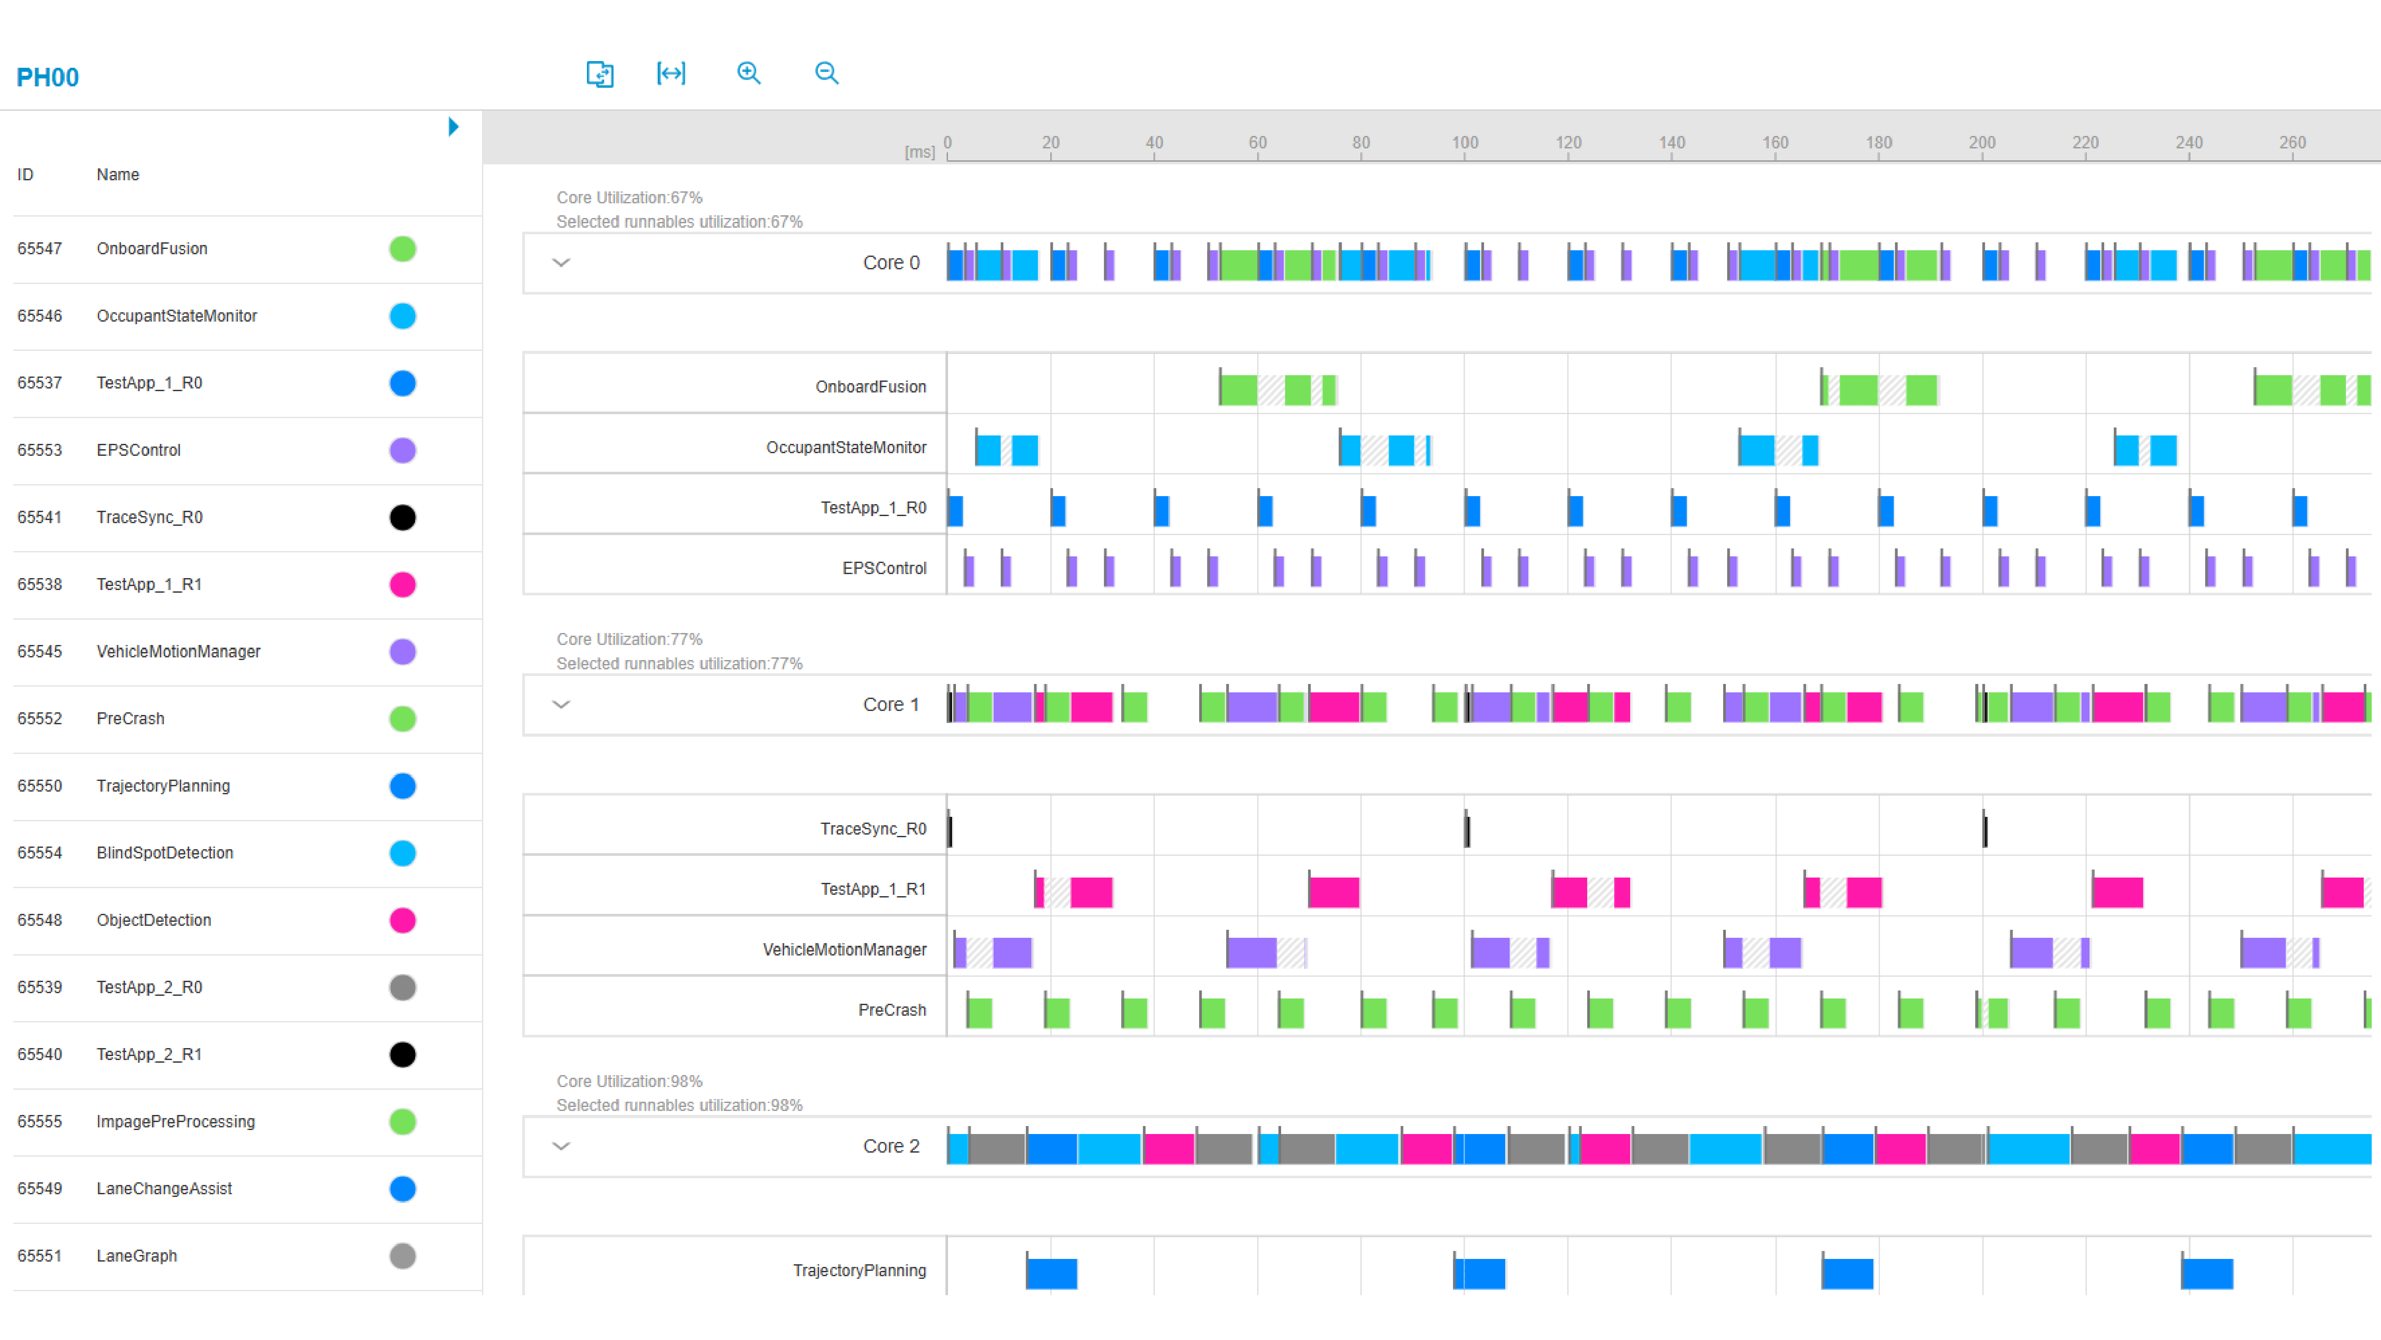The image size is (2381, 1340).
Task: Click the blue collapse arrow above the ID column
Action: (x=453, y=127)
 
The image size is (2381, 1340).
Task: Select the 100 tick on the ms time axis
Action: (x=1464, y=143)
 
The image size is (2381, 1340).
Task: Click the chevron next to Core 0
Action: (x=561, y=262)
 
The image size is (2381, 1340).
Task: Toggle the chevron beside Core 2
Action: (x=561, y=1146)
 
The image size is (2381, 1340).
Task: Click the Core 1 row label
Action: (x=890, y=704)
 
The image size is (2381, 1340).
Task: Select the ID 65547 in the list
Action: (x=40, y=249)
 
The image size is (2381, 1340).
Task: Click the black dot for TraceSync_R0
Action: (x=402, y=517)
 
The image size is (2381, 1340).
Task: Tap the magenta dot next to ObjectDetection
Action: (x=402, y=921)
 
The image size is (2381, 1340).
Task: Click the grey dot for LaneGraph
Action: (x=402, y=1256)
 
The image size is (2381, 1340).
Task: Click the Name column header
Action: (x=117, y=175)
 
